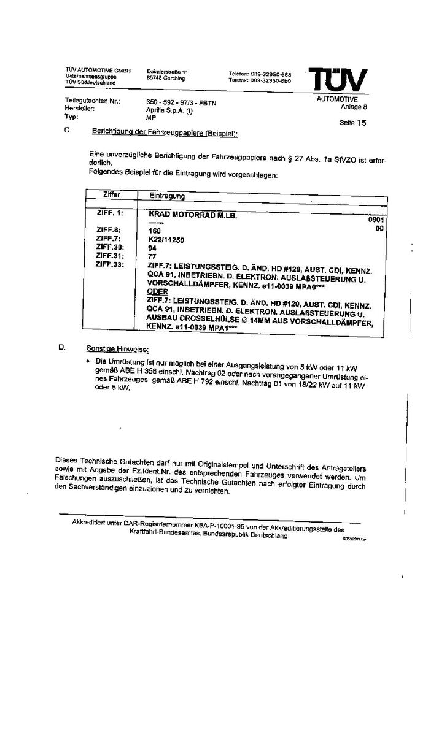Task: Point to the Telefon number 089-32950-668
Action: pyautogui.click(x=270, y=74)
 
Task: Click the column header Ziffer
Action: pyautogui.click(x=112, y=195)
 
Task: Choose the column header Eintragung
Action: pyautogui.click(x=168, y=196)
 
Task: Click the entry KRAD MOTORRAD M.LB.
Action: pyautogui.click(x=192, y=215)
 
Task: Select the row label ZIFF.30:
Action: pyautogui.click(x=110, y=247)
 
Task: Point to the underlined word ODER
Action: pyautogui.click(x=157, y=292)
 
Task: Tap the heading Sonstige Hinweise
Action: pyautogui.click(x=117, y=348)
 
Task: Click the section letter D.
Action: pyautogui.click(x=61, y=347)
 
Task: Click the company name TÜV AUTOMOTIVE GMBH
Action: pyautogui.click(x=98, y=71)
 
